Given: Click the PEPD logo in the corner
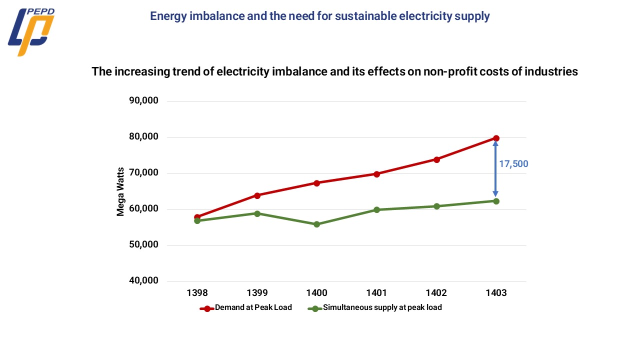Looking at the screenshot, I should pyautogui.click(x=31, y=32).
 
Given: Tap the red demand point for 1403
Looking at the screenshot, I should pyautogui.click(x=496, y=138).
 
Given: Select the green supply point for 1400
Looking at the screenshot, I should pyautogui.click(x=316, y=224).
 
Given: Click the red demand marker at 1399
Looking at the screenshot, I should pyautogui.click(x=257, y=195).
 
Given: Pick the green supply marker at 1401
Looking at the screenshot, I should pyautogui.click(x=376, y=210).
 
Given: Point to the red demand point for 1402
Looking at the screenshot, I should pyautogui.click(x=436, y=159).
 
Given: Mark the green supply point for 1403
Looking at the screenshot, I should pyautogui.click(x=496, y=201).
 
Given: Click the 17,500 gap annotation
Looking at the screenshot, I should pyautogui.click(x=513, y=164).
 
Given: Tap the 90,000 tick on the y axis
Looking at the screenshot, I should pyautogui.click(x=144, y=101).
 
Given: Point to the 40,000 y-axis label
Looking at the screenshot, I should pyautogui.click(x=144, y=281).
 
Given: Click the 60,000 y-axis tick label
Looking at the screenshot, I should pyautogui.click(x=144, y=209).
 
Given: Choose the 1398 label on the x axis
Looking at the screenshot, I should pyautogui.click(x=197, y=293).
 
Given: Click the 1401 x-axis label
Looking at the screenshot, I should pyautogui.click(x=376, y=293).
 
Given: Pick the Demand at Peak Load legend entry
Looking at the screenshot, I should pyautogui.click(x=253, y=307).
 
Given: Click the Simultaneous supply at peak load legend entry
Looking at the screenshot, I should pyautogui.click(x=382, y=307).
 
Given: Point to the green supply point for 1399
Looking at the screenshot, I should pyautogui.click(x=257, y=213).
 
